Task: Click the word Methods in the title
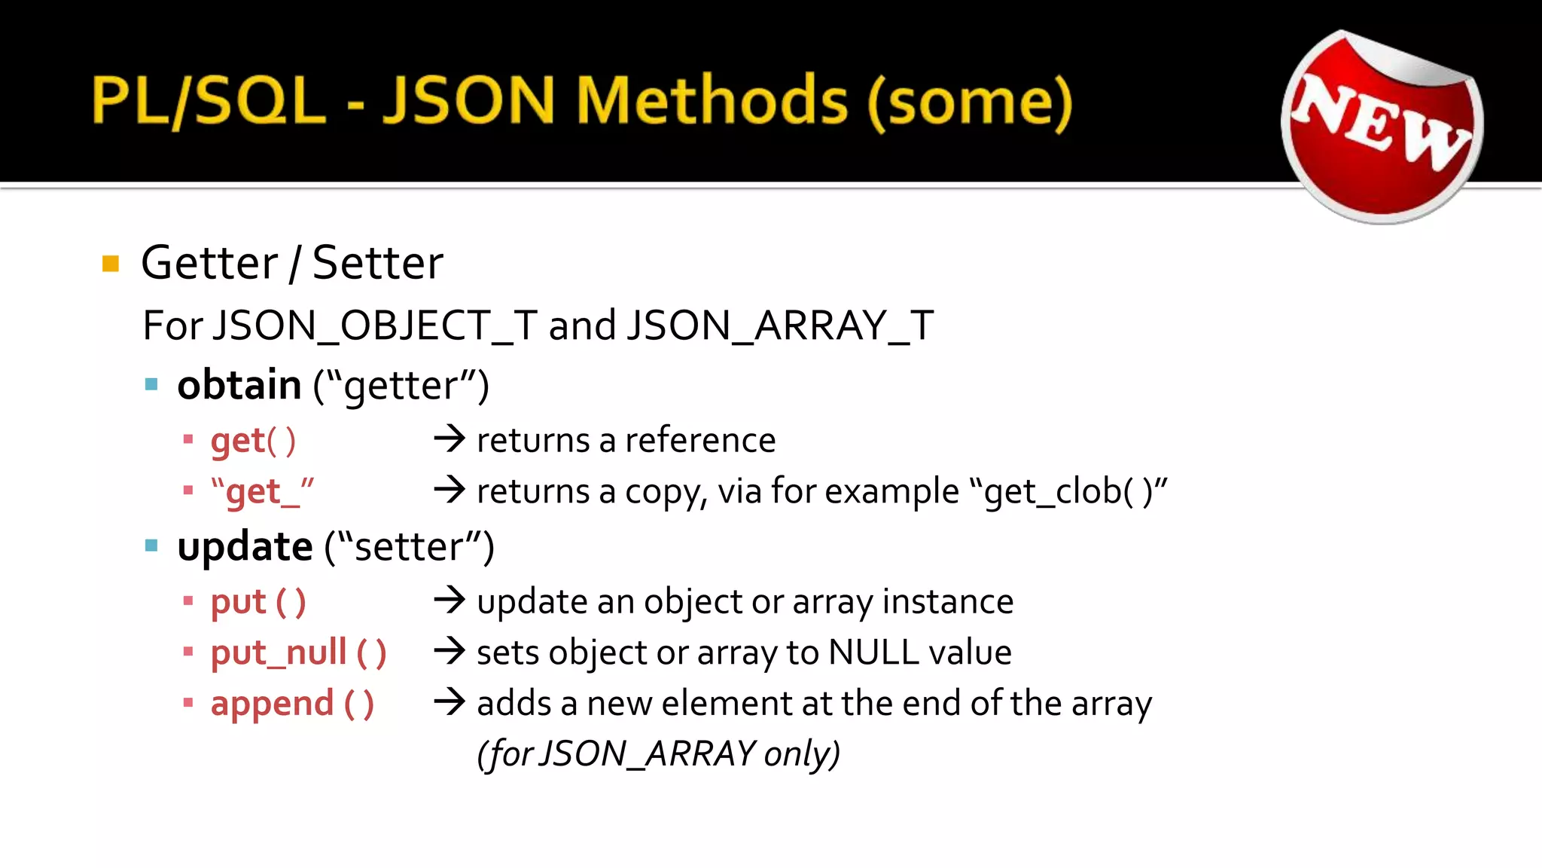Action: coord(712,101)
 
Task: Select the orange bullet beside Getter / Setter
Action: coord(111,264)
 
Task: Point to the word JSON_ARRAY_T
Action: coord(780,325)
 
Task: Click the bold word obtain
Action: coord(239,385)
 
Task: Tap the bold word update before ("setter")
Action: coord(245,546)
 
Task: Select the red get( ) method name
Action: coord(253,441)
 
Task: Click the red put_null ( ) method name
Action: coord(298,653)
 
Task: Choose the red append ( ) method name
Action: coord(292,704)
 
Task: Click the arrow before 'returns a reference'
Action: coord(449,439)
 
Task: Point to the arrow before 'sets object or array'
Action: coord(449,651)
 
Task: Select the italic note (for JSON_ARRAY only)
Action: coord(658,753)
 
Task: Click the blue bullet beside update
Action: coord(151,546)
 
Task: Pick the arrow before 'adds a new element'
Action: coord(449,702)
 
